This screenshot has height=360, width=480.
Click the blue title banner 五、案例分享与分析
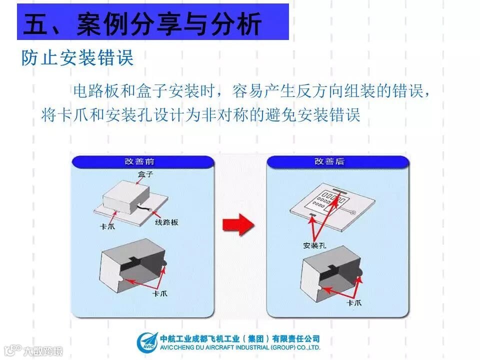point(152,22)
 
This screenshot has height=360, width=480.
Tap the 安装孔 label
point(314,245)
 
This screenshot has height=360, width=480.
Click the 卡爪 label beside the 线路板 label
point(107,226)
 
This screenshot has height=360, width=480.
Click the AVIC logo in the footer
point(147,342)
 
